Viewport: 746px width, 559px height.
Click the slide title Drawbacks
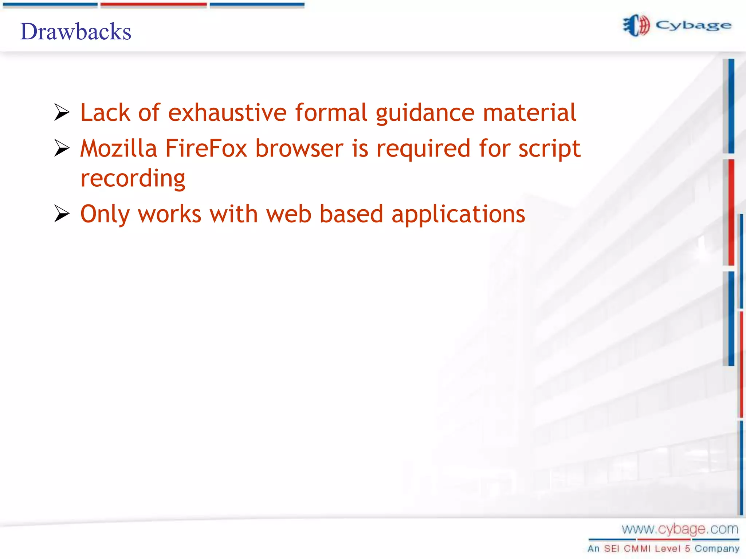(x=75, y=32)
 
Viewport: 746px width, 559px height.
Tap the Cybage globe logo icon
(x=636, y=25)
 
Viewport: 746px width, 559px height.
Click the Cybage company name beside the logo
(x=693, y=25)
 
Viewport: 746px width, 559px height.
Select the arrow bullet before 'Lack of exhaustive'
(x=62, y=112)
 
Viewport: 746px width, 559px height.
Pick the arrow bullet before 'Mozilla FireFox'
(x=62, y=148)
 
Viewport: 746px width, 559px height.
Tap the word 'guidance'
(x=425, y=113)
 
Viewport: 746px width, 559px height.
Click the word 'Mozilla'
(x=118, y=148)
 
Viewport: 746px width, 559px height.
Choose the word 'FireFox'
(x=206, y=148)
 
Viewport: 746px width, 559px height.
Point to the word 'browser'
(x=299, y=148)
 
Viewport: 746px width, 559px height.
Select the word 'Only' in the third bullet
(x=105, y=214)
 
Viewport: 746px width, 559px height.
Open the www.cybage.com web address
(x=680, y=529)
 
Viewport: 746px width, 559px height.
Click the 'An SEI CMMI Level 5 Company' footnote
(x=663, y=548)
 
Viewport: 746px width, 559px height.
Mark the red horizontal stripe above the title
(x=153, y=5)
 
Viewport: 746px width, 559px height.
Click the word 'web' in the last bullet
(x=288, y=214)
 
